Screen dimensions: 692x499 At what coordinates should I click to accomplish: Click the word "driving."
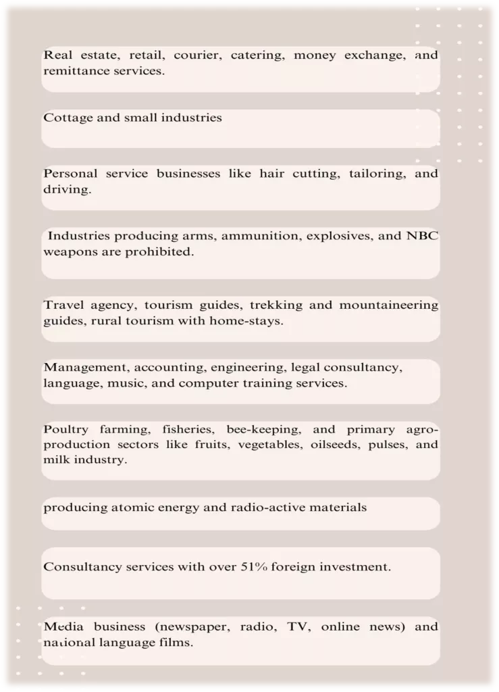click(x=67, y=189)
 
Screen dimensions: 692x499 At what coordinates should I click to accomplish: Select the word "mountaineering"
click(x=388, y=305)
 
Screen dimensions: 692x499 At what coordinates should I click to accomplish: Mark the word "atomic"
click(x=121, y=507)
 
